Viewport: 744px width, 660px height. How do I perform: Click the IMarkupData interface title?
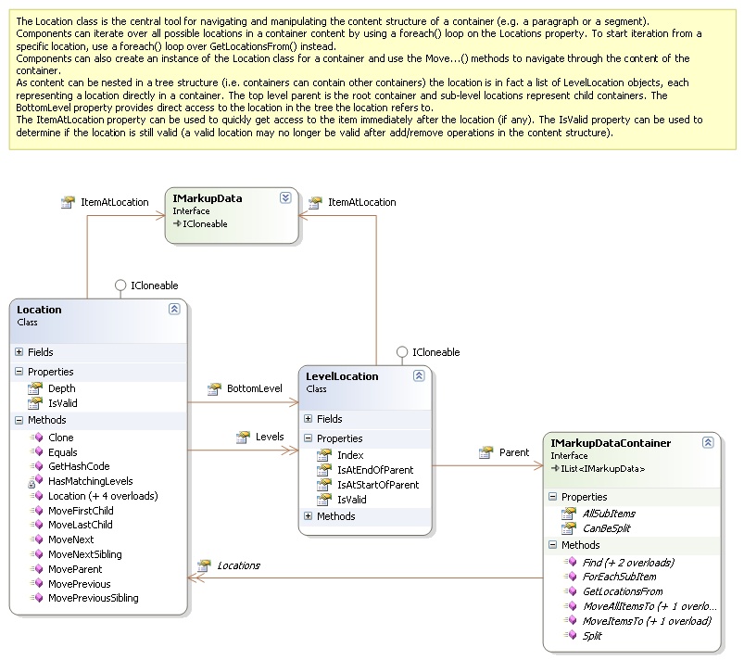[x=208, y=198]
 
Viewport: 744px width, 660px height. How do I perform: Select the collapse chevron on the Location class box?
[x=174, y=309]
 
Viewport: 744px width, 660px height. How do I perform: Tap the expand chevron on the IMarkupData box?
[x=285, y=198]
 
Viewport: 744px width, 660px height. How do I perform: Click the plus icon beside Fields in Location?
[x=19, y=352]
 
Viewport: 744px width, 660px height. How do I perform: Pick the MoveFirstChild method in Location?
[x=81, y=511]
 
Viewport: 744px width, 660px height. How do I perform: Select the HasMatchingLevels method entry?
[x=90, y=481]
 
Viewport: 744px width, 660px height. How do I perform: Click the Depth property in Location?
[x=62, y=388]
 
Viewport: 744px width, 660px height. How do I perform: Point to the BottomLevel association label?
[x=254, y=388]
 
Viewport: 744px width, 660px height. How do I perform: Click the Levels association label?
[x=270, y=437]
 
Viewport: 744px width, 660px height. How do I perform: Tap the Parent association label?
[x=514, y=452]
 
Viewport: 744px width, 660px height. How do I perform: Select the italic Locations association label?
[x=238, y=565]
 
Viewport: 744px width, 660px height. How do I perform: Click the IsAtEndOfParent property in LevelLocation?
[x=375, y=470]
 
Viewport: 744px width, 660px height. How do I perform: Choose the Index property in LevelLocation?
[x=350, y=455]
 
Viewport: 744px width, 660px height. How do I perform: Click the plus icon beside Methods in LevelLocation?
[x=309, y=515]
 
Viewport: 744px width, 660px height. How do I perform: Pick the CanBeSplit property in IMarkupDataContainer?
[x=606, y=528]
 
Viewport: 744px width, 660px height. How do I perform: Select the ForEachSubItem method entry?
[x=619, y=577]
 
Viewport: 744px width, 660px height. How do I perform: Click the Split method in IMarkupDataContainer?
[x=592, y=636]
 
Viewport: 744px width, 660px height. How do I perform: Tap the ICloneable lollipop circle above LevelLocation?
[x=402, y=352]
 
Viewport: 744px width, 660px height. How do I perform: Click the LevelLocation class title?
[x=342, y=376]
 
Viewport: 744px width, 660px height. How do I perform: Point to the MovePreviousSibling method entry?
[x=93, y=598]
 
